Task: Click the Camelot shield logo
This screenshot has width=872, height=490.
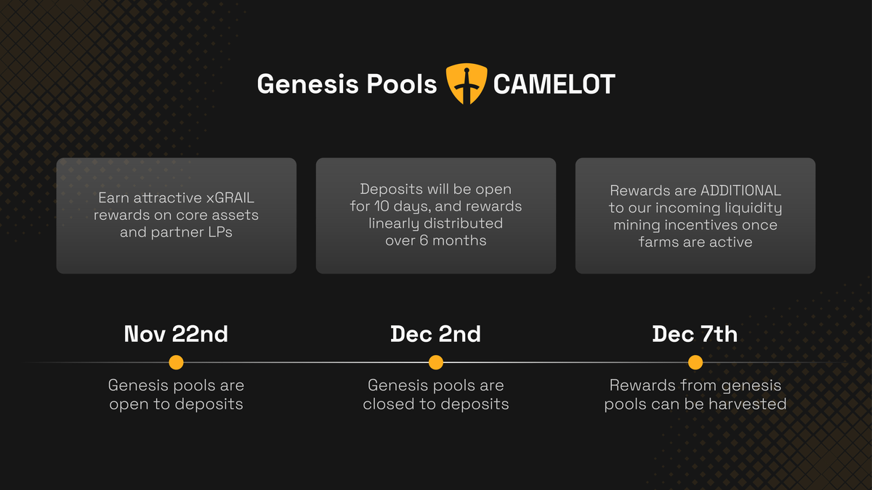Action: pyautogui.click(x=467, y=83)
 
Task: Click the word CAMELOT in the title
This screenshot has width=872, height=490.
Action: pyautogui.click(x=554, y=84)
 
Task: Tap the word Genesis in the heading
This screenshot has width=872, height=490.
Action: pyautogui.click(x=307, y=84)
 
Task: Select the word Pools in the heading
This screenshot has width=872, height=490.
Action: pyautogui.click(x=402, y=83)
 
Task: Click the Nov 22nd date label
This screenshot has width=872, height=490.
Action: pyautogui.click(x=176, y=334)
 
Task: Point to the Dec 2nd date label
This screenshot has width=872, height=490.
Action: pyautogui.click(x=435, y=334)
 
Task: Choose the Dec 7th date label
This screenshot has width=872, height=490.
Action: pyautogui.click(x=695, y=334)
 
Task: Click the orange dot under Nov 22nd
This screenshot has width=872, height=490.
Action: pyautogui.click(x=176, y=362)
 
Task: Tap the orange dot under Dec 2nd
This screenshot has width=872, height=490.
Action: pyautogui.click(x=435, y=362)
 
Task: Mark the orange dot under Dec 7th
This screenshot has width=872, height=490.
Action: pyautogui.click(x=695, y=362)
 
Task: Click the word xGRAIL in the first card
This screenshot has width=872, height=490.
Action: pyautogui.click(x=230, y=198)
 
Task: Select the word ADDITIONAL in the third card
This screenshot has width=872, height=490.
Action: pyautogui.click(x=740, y=190)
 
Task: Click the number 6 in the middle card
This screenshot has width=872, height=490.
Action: pyautogui.click(x=424, y=240)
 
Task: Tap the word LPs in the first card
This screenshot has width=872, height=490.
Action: pyautogui.click(x=220, y=232)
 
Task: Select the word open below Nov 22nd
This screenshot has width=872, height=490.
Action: pyautogui.click(x=129, y=405)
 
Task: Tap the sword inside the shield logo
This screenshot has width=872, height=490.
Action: pyautogui.click(x=467, y=85)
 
